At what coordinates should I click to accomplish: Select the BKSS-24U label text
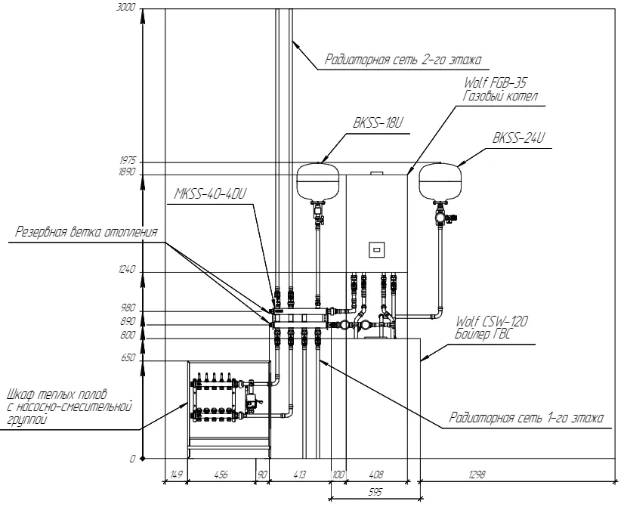click(x=517, y=138)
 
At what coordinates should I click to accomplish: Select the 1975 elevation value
click(x=126, y=161)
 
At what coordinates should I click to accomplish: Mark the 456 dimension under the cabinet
click(x=221, y=475)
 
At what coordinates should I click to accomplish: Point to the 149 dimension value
click(x=175, y=475)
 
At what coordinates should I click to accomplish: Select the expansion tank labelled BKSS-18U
click(x=322, y=178)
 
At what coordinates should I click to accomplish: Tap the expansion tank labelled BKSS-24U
click(x=440, y=178)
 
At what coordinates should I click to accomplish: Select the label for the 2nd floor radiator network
click(x=403, y=59)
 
